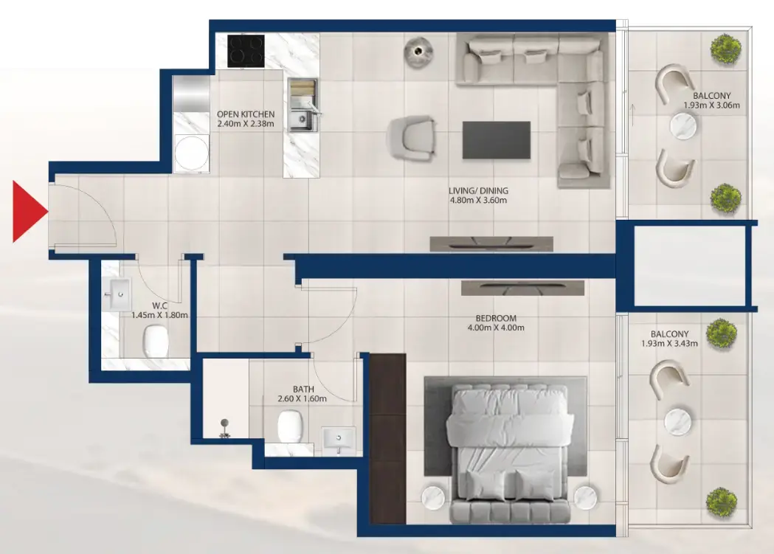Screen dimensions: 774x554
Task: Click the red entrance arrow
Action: (x=29, y=212)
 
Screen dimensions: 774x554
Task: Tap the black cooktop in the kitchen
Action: (x=246, y=51)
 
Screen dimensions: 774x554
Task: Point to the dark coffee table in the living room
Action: (x=496, y=140)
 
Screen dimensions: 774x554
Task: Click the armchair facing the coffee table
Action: (x=412, y=138)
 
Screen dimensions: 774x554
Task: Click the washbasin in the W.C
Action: (x=117, y=294)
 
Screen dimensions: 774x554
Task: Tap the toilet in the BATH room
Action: (x=289, y=426)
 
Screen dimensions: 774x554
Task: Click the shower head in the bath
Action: (x=224, y=428)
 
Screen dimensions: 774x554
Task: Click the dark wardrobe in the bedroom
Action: (x=387, y=439)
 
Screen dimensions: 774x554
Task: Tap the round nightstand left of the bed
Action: (x=435, y=497)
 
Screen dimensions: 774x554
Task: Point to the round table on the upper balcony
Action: (x=683, y=126)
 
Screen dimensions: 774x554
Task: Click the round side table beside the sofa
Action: (x=418, y=51)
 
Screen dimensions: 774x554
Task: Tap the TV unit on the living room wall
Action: (x=491, y=243)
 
